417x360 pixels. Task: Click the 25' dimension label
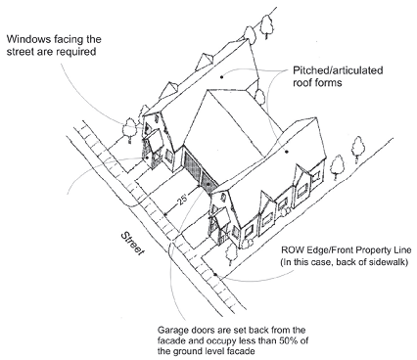[183, 200]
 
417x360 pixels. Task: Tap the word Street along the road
[132, 244]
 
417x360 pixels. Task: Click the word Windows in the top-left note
[28, 39]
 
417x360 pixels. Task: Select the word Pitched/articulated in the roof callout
[338, 70]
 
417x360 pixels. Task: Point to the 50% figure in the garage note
[289, 341]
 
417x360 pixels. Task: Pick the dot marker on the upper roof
[221, 77]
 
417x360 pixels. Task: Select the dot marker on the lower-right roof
[287, 152]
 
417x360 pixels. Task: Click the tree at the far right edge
[358, 150]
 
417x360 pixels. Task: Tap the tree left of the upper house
[129, 130]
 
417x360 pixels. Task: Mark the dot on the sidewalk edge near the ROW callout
[215, 275]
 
